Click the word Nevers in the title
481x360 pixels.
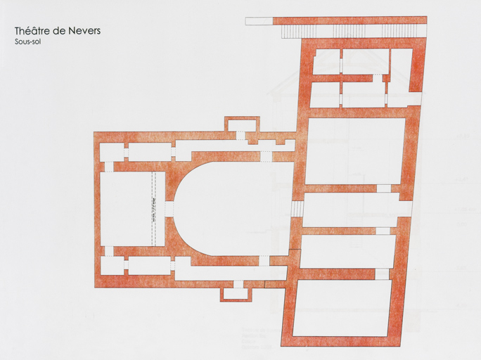83,31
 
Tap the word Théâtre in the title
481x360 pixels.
32,31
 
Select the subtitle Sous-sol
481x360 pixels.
27,41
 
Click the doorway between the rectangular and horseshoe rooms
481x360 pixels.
169,209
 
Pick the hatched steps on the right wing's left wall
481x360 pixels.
297,209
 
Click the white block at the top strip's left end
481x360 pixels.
258,20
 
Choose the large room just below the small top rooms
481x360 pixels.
355,150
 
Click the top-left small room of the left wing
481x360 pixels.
112,151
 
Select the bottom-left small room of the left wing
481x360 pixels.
112,265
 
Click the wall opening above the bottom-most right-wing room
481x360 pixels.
382,274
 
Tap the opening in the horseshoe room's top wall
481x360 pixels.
266,156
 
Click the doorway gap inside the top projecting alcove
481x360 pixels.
240,135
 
